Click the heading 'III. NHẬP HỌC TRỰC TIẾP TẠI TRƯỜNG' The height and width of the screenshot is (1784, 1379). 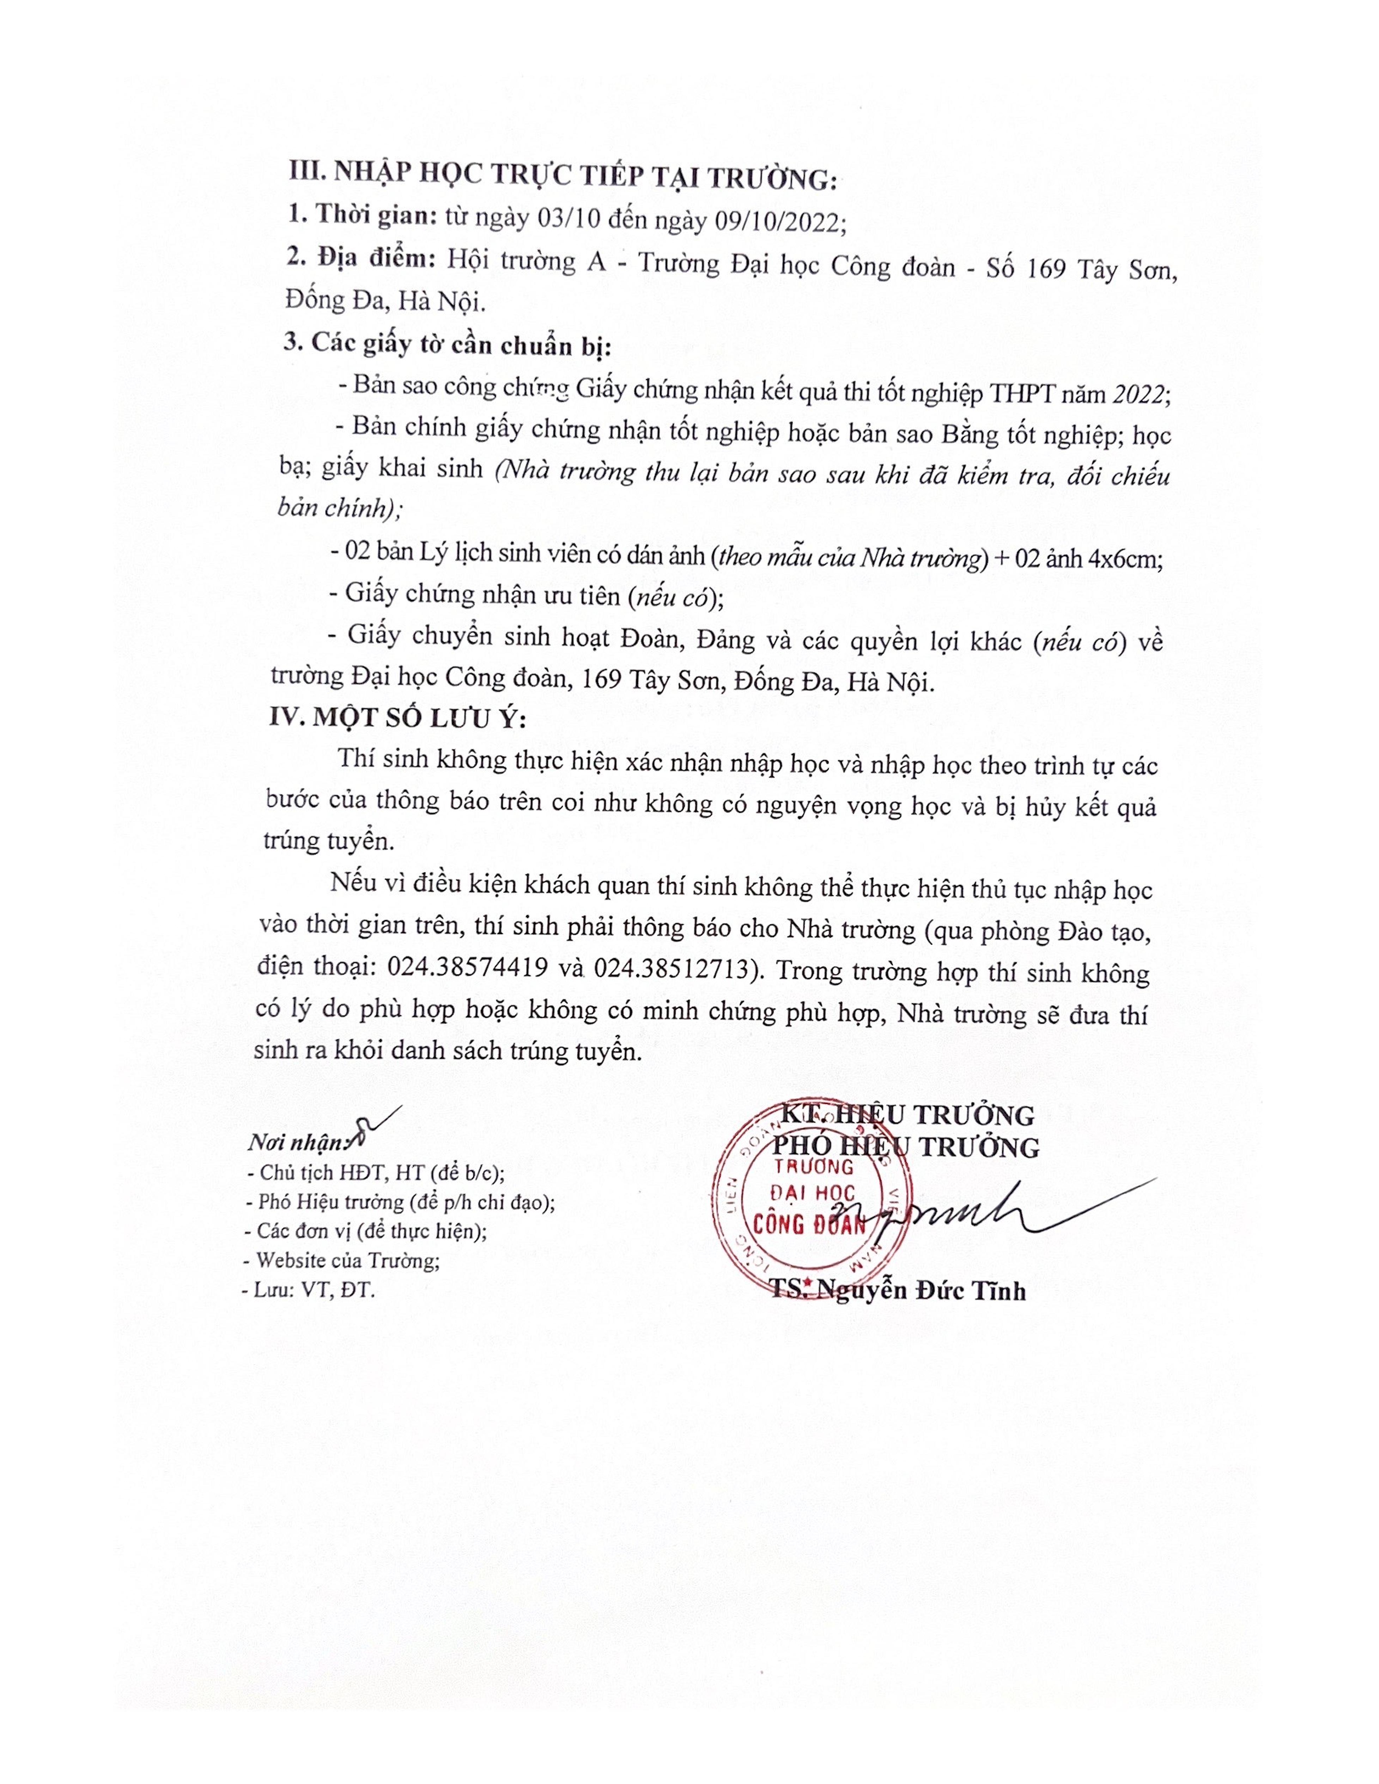564,177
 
